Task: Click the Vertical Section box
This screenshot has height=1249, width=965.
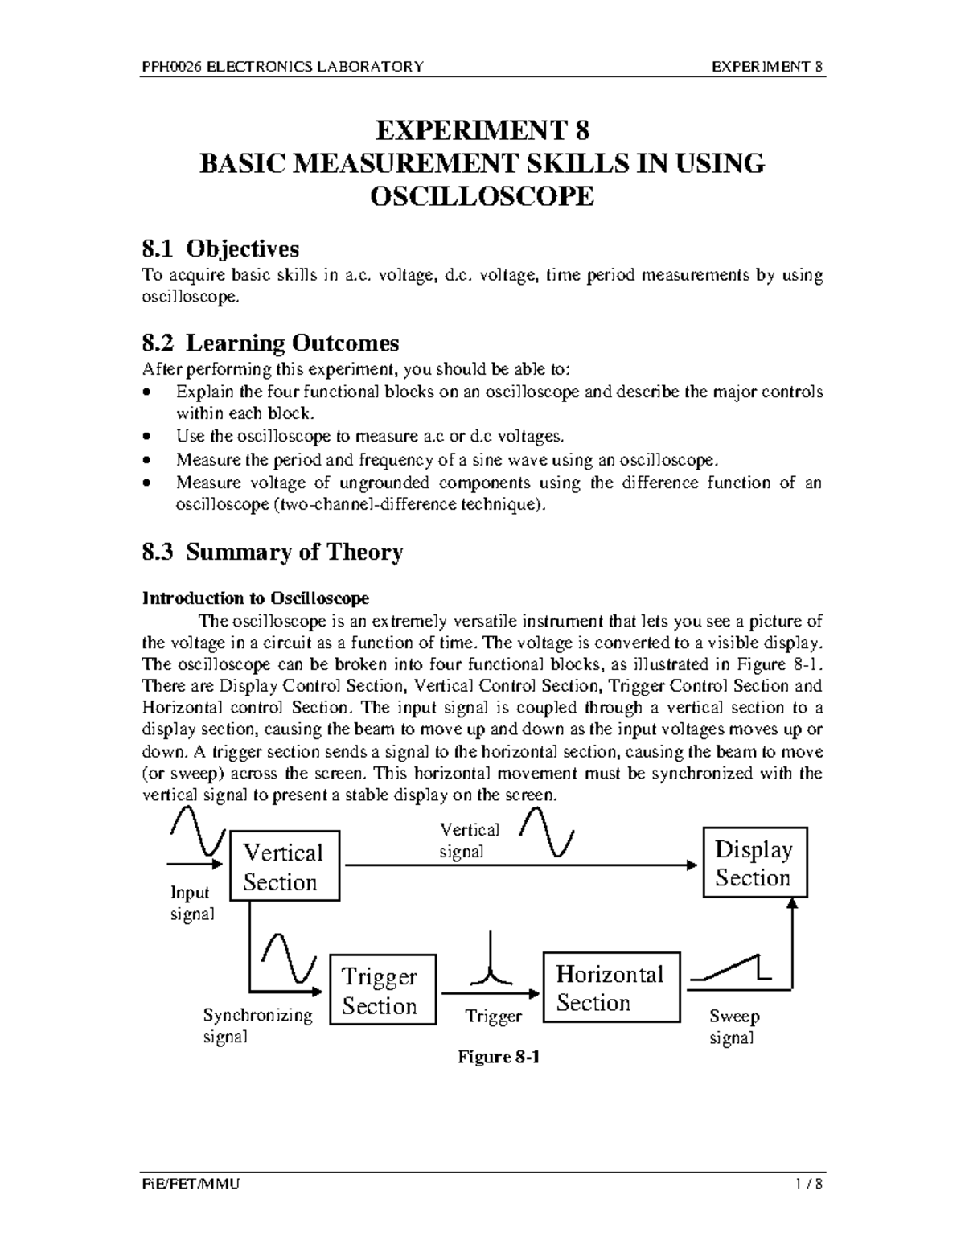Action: [285, 867]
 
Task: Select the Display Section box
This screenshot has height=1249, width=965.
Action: [754, 862]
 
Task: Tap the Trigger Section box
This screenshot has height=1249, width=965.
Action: [383, 990]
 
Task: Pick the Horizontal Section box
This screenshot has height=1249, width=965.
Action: [611, 988]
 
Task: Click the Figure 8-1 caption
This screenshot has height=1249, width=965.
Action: [498, 1057]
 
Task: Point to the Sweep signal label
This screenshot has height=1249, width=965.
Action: [734, 1026]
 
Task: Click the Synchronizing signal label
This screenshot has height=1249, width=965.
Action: [257, 1025]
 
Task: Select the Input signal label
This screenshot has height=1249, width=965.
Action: [191, 903]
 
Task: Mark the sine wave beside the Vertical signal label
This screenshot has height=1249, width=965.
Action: [547, 833]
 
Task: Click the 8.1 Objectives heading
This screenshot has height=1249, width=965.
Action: [220, 249]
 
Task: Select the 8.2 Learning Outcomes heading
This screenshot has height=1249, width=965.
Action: [270, 343]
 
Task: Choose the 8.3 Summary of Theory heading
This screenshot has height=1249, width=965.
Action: [272, 553]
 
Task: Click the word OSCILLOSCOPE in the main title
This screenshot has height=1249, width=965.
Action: [481, 196]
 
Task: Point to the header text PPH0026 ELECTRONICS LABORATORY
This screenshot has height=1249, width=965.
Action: [282, 67]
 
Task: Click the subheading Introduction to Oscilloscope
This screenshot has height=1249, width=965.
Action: [255, 598]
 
